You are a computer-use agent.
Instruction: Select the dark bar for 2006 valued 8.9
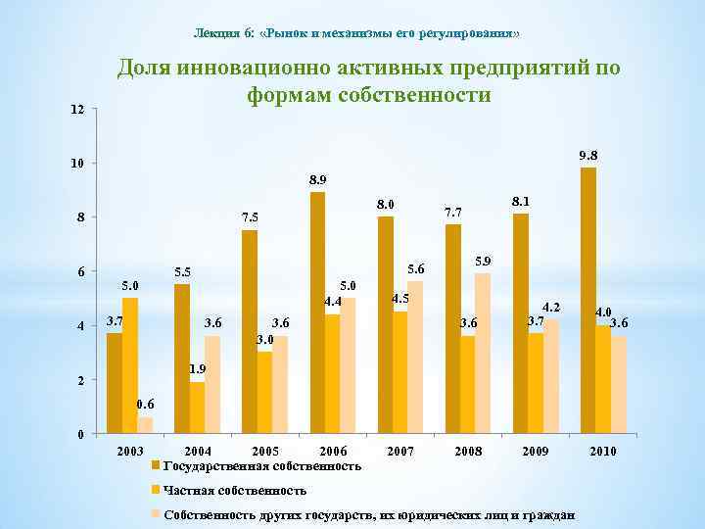(317, 313)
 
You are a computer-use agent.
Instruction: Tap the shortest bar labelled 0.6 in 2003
(145, 425)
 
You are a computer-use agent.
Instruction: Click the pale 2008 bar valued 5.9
(483, 353)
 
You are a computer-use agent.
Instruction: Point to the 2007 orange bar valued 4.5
(399, 372)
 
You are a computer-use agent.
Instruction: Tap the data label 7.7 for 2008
(453, 211)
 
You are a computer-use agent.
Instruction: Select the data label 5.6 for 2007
(416, 267)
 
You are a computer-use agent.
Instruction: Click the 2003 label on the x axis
(129, 452)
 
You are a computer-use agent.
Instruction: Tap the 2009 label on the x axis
(536, 452)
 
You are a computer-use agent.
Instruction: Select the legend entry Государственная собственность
(262, 465)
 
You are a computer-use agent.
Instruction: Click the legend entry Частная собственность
(235, 490)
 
